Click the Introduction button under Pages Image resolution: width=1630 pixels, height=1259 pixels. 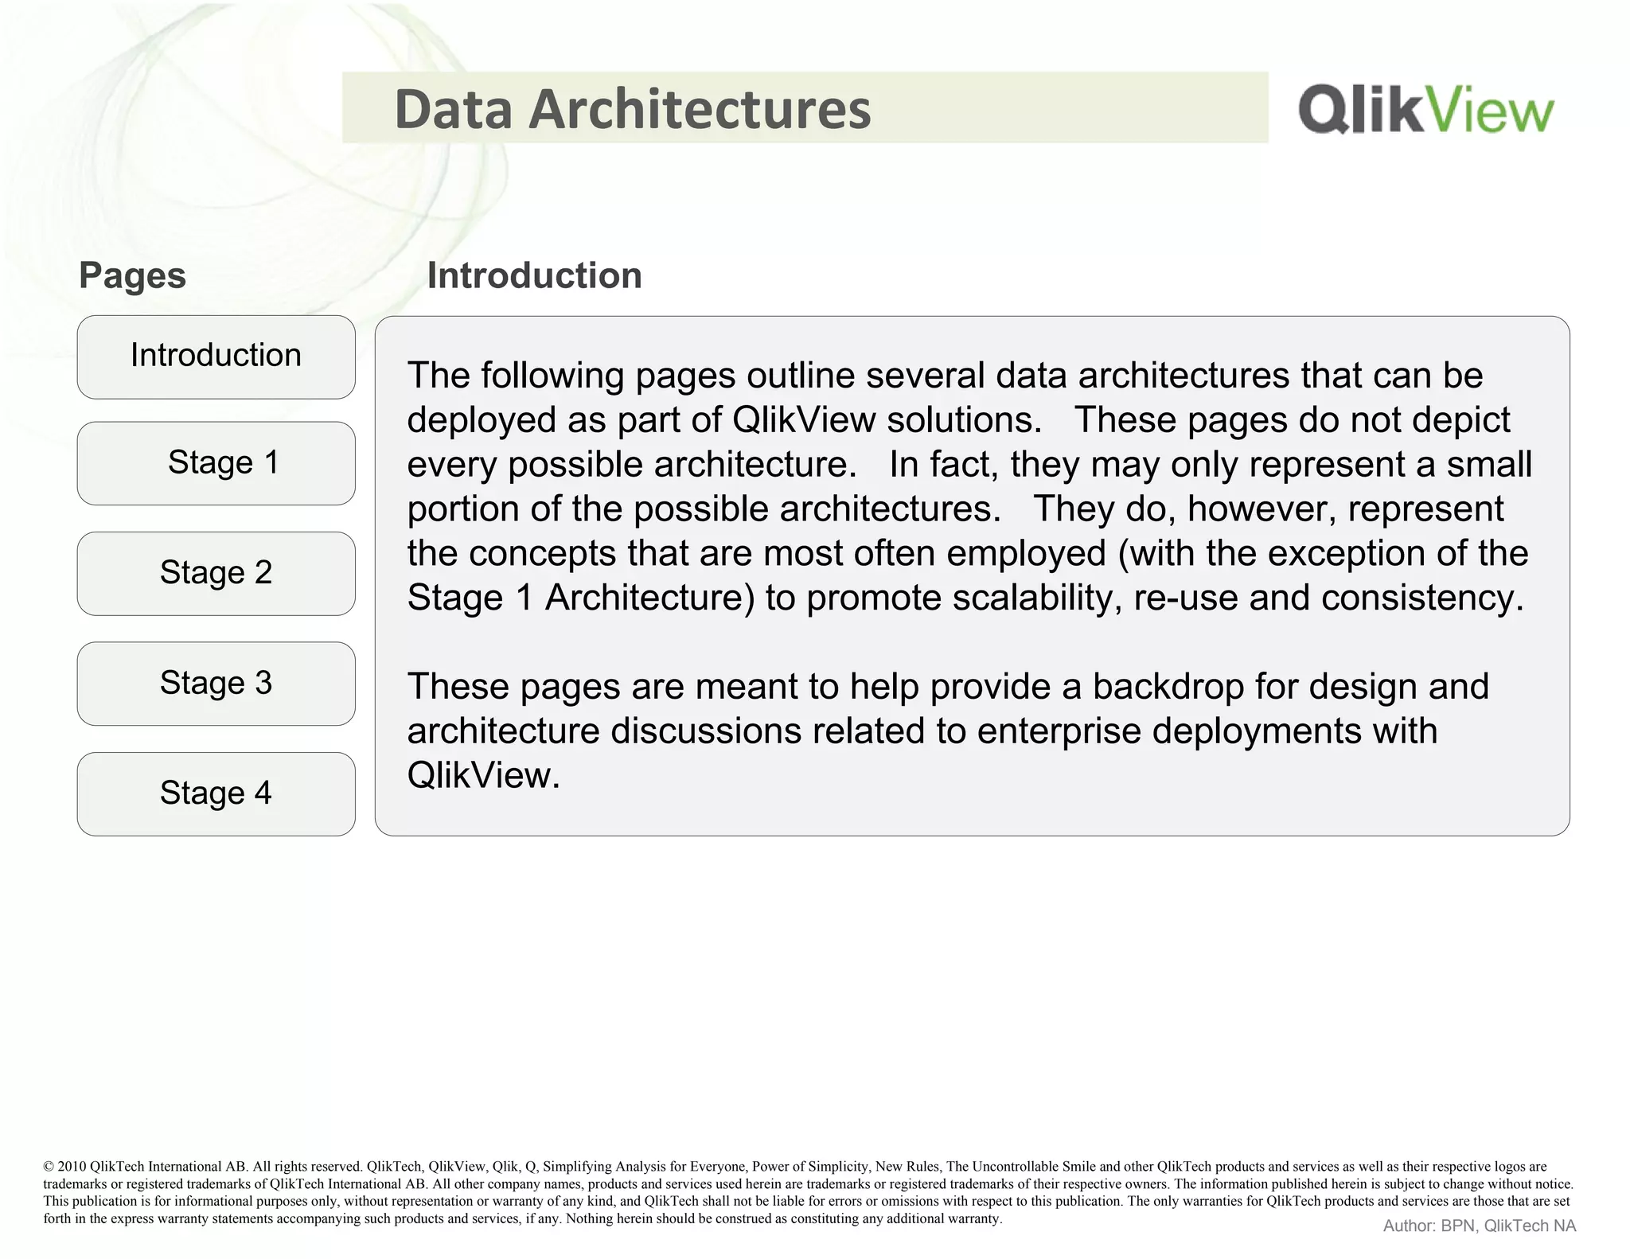pyautogui.click(x=216, y=357)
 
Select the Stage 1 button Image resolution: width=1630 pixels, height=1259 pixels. pyautogui.click(x=216, y=463)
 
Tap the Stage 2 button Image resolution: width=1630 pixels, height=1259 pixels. pyautogui.click(x=216, y=573)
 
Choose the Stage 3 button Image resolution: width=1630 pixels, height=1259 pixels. pyautogui.click(x=216, y=684)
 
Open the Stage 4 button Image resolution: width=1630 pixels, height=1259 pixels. pyautogui.click(x=216, y=793)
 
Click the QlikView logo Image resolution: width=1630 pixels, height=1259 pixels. pyautogui.click(x=1425, y=109)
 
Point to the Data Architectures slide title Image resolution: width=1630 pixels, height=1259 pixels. pyautogui.click(x=633, y=109)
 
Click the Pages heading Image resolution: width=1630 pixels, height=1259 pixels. pyautogui.click(x=132, y=276)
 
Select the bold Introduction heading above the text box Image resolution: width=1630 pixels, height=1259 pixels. pyautogui.click(x=534, y=276)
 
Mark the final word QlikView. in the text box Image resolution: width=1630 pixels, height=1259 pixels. pyautogui.click(x=483, y=776)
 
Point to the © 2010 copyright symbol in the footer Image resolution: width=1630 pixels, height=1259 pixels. pyautogui.click(x=48, y=1167)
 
